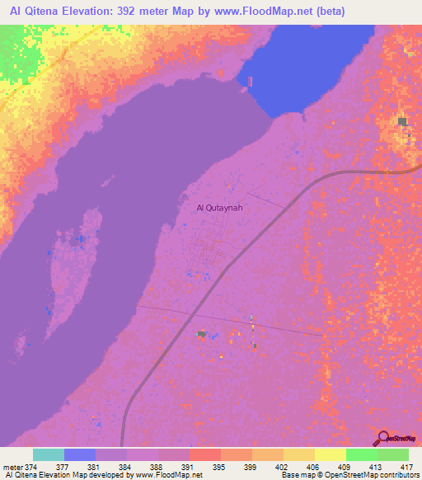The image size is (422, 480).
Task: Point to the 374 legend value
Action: coord(29,467)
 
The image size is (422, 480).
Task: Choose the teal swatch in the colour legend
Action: coord(49,454)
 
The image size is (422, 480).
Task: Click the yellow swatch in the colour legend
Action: coord(330,454)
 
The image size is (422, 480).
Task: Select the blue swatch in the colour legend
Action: coord(80,454)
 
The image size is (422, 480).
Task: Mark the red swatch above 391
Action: coord(204,454)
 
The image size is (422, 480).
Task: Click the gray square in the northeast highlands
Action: coord(403,122)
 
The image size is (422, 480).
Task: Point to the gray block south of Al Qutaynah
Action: coord(200,334)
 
